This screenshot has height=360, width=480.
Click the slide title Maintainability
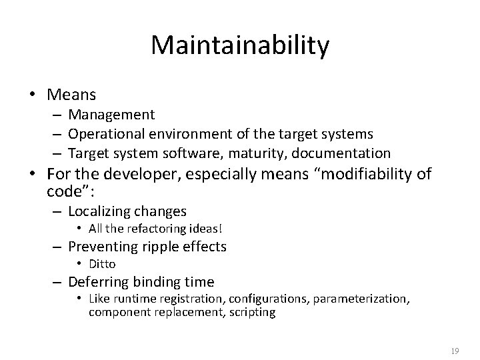point(240,45)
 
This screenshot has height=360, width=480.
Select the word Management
point(112,115)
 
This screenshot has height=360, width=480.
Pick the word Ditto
point(102,264)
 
